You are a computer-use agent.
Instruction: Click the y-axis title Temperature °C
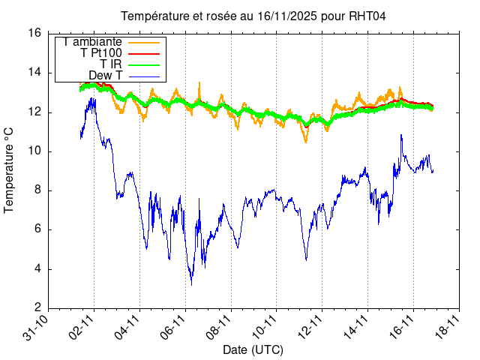tap(9, 170)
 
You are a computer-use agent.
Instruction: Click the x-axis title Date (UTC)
tap(253, 350)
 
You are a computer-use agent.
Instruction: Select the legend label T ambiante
tap(93, 42)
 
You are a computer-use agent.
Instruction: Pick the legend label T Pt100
tap(101, 53)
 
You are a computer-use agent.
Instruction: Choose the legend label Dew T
tap(106, 76)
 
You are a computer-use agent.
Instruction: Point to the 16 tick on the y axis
tap(34, 34)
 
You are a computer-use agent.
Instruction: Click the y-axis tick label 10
tap(34, 151)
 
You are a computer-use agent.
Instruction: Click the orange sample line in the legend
tap(144, 42)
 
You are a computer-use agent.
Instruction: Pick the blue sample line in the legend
tap(144, 76)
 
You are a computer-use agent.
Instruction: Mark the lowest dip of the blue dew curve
tap(191, 284)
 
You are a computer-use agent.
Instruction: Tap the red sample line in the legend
tap(144, 53)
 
